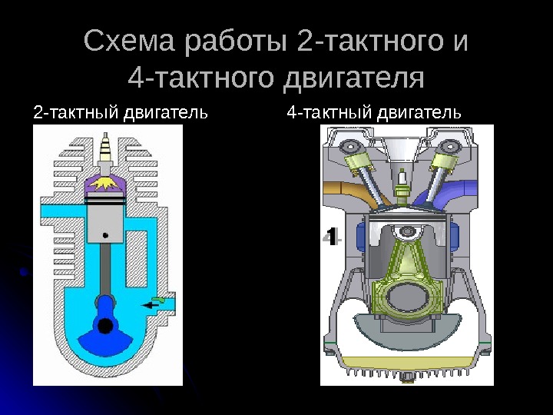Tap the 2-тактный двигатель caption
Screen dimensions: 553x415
point(121,114)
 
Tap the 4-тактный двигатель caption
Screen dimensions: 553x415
point(374,114)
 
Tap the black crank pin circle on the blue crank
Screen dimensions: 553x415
point(105,325)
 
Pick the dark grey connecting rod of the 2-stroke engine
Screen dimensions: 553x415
point(106,269)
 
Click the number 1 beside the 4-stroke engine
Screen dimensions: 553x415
point(331,236)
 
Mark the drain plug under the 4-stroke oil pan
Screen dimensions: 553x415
point(406,380)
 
